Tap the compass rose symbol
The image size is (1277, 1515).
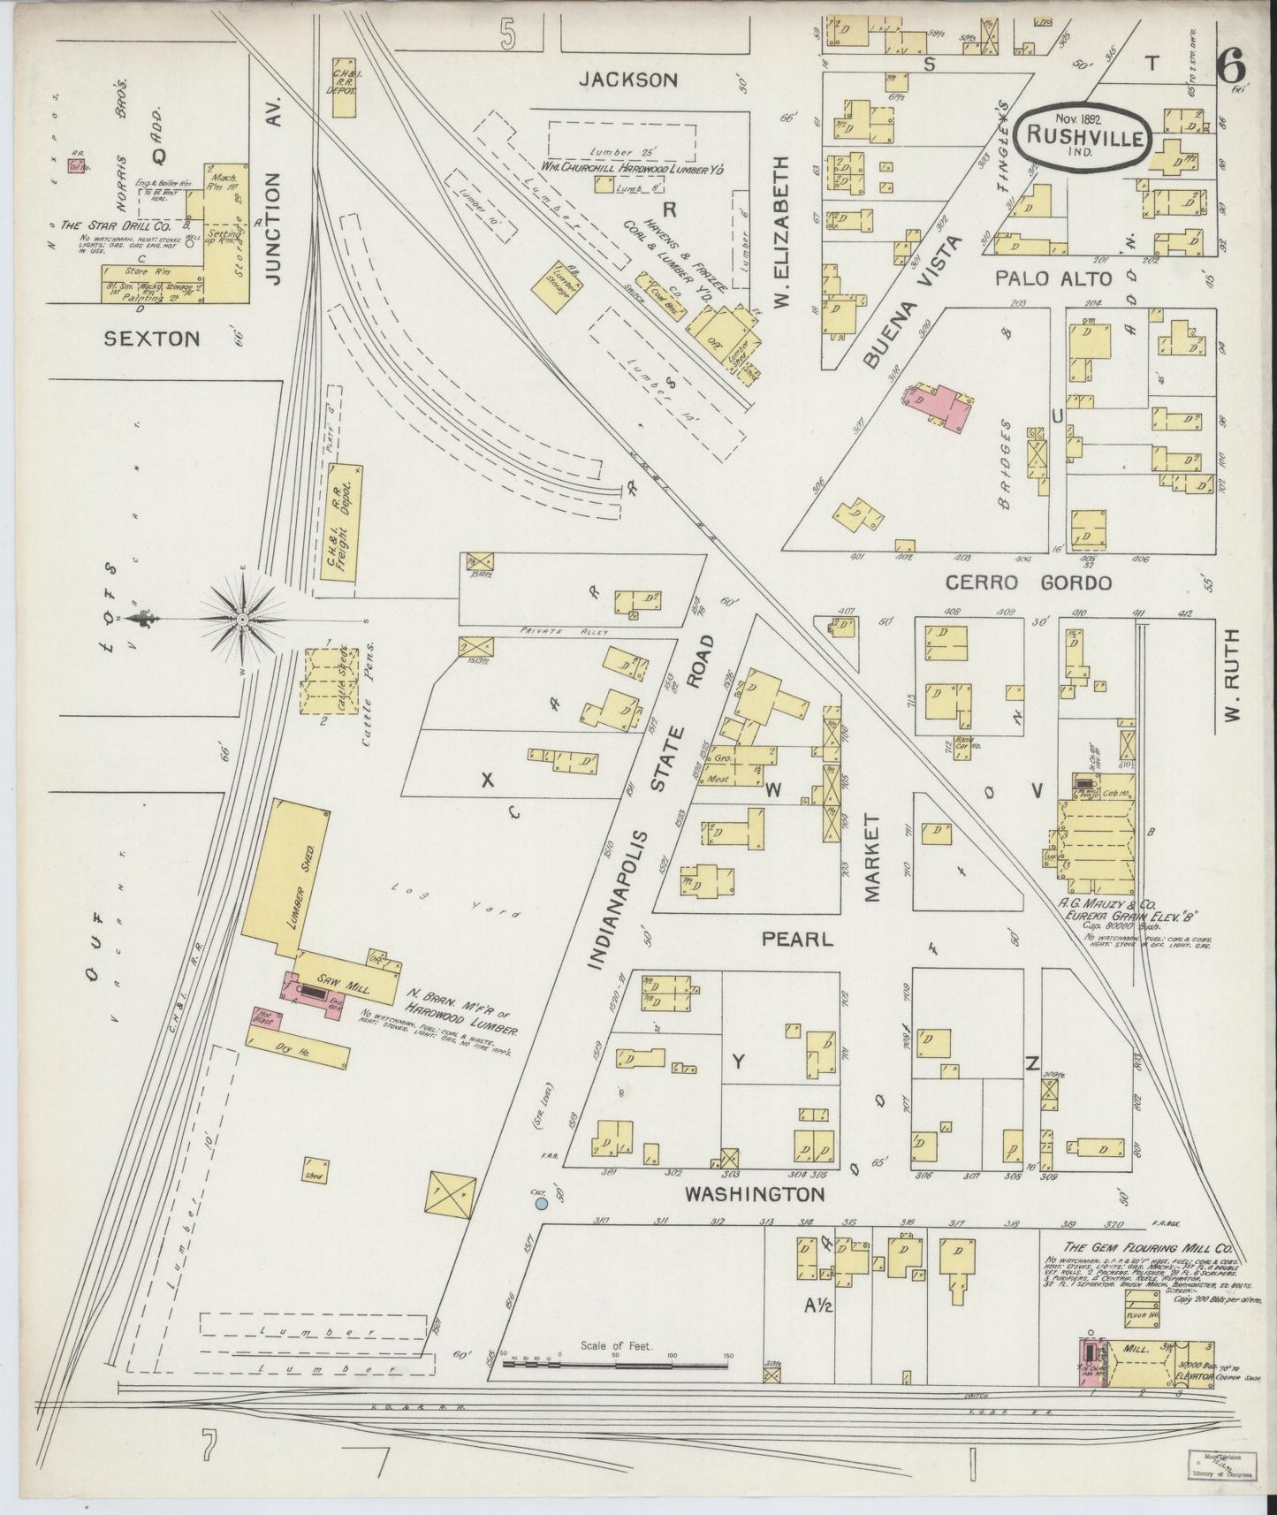pos(242,620)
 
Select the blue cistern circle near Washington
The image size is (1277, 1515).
pos(542,1202)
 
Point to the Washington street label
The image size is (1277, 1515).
pos(755,1195)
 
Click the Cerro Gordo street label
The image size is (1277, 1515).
pos(1029,583)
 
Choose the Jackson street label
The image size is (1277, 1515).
pos(628,80)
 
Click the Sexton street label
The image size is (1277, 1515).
pos(152,338)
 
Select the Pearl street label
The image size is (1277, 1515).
pos(798,939)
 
